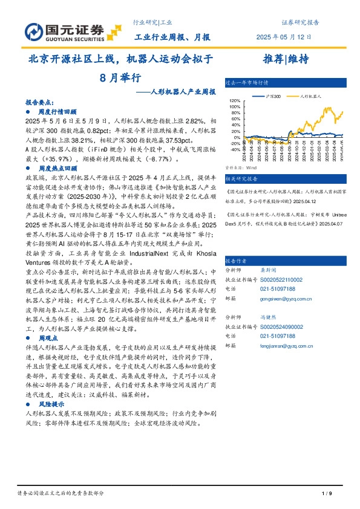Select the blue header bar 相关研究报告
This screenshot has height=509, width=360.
click(x=241, y=178)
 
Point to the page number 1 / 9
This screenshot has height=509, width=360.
click(x=327, y=494)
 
